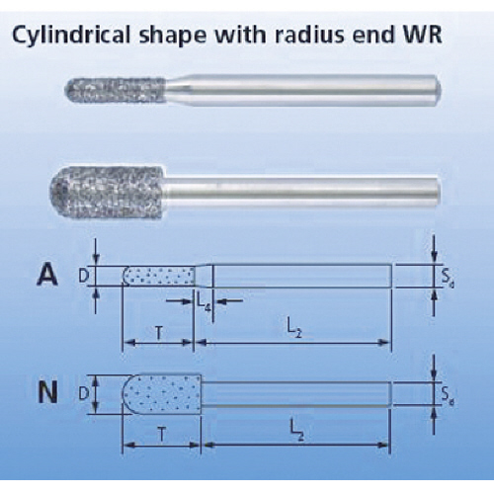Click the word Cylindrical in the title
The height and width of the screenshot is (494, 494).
[x=72, y=35]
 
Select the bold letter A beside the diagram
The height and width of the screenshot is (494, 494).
[x=46, y=276]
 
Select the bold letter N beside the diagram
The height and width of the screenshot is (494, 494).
[x=48, y=392]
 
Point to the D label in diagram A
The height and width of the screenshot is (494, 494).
[x=83, y=277]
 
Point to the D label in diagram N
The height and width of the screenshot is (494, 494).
[x=83, y=393]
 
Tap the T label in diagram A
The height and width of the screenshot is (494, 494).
[x=159, y=333]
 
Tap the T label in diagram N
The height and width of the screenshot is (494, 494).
[x=162, y=436]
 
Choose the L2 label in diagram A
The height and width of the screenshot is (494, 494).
[x=294, y=330]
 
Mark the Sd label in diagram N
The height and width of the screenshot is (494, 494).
[x=448, y=395]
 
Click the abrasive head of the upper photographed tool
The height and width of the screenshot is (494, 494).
[x=116, y=90]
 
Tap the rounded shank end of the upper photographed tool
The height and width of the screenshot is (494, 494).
[x=438, y=90]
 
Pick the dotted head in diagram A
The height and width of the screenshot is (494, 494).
[x=159, y=276]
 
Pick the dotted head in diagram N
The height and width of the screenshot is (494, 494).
[x=162, y=393]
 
